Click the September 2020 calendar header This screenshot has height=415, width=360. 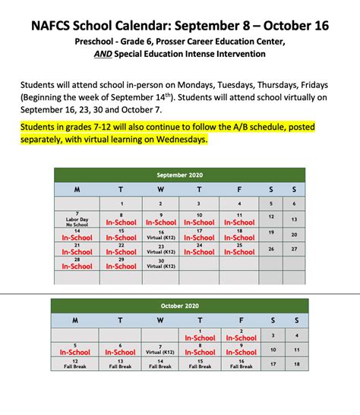pos(180,174)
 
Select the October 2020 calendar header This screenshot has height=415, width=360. pos(180,306)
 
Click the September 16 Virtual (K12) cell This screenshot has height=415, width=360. pos(160,234)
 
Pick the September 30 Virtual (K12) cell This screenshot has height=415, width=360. pos(160,263)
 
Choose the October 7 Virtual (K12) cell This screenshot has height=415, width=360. pos(160,349)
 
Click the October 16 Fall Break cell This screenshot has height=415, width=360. pos(242,363)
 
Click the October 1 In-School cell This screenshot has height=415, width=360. pos(200,335)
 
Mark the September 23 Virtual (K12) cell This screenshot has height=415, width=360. pos(160,249)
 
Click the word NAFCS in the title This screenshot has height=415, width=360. pos(57,25)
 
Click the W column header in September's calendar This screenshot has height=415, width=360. pos(160,190)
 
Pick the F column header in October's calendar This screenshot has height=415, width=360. pos(242,320)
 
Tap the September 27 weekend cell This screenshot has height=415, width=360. pos(294,249)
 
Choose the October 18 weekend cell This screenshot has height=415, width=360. pos(296,364)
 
